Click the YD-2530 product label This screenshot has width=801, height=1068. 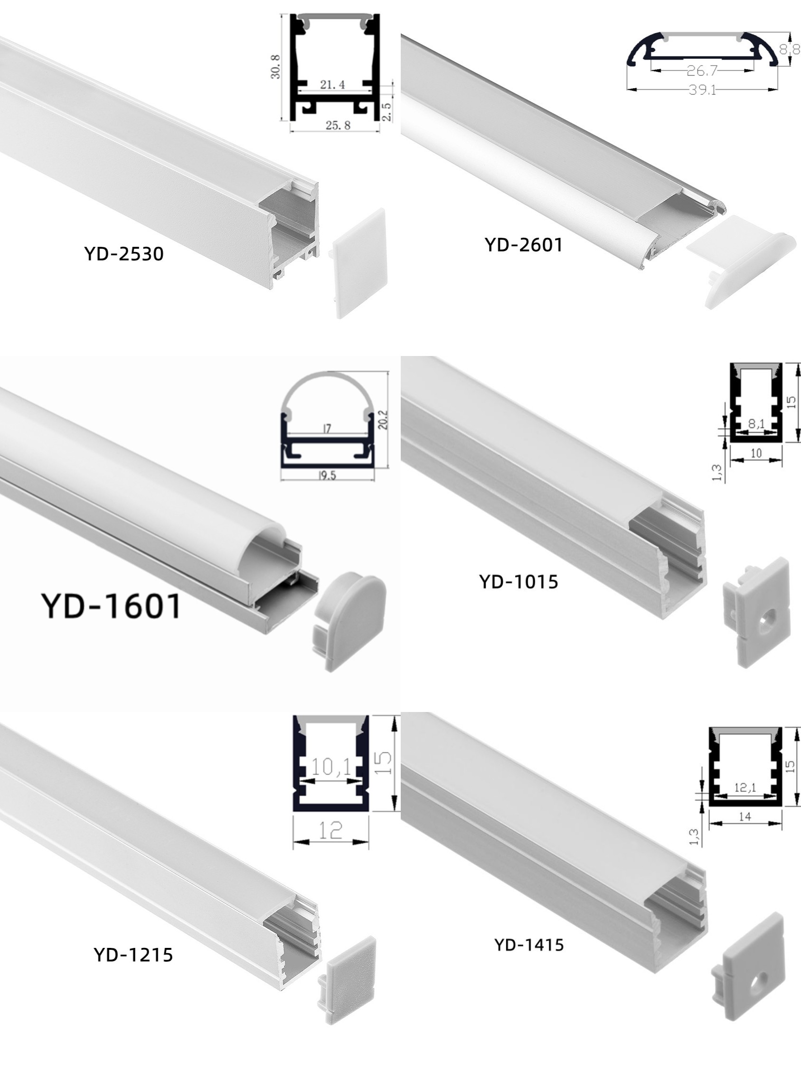pyautogui.click(x=123, y=254)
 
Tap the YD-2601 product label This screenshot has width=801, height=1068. pyautogui.click(x=524, y=245)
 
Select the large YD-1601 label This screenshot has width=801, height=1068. pyautogui.click(x=112, y=606)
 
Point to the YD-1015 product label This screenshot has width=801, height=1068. pyautogui.click(x=518, y=582)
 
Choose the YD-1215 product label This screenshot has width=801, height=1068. pyautogui.click(x=133, y=955)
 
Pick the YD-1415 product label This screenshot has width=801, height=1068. pyautogui.click(x=529, y=945)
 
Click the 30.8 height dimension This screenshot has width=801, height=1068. pyautogui.click(x=275, y=66)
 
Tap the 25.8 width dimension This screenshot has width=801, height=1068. pyautogui.click(x=338, y=125)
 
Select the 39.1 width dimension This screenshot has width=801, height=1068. pyautogui.click(x=703, y=90)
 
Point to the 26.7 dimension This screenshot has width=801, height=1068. pyautogui.click(x=702, y=71)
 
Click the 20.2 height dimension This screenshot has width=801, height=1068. pyautogui.click(x=383, y=420)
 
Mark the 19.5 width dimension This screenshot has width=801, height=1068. pyautogui.click(x=327, y=476)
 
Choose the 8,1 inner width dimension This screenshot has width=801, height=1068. pyautogui.click(x=756, y=424)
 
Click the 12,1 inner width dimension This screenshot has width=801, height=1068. pyautogui.click(x=745, y=787)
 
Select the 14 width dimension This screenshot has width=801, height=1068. pyautogui.click(x=745, y=816)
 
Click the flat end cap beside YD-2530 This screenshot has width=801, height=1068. pyautogui.click(x=359, y=262)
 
